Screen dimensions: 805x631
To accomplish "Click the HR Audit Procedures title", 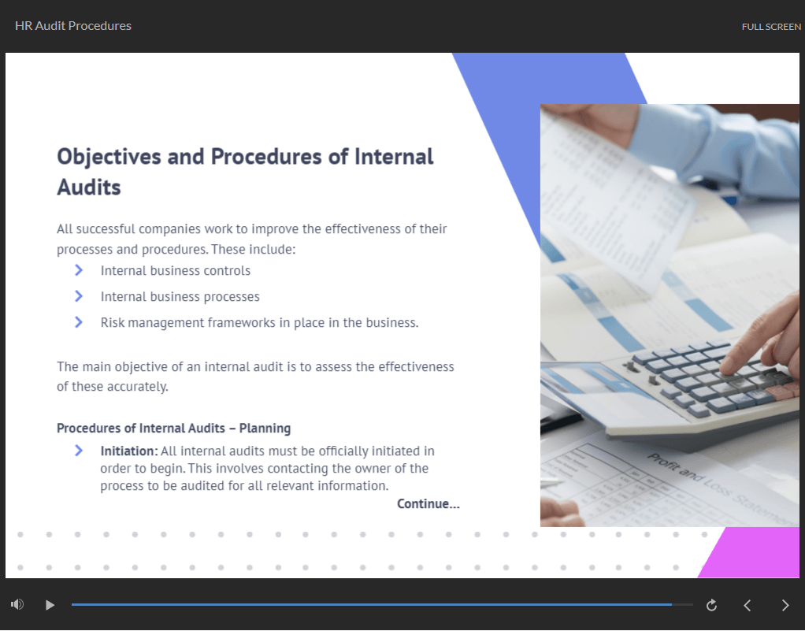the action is [73, 26].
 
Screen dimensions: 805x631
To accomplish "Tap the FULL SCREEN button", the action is [771, 27].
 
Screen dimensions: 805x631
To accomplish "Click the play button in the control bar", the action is [50, 605].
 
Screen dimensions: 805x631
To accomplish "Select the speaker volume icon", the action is [17, 604].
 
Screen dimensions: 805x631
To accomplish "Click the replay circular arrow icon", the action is [711, 605].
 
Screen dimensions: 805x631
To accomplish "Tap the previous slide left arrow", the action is [747, 605].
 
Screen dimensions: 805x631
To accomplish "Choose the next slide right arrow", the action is [785, 605].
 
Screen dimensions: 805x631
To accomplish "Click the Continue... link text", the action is [428, 503].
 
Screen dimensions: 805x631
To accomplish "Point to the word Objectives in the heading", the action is [109, 157].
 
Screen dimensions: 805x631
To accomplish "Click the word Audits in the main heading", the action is [89, 187].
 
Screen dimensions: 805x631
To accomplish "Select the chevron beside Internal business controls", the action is [79, 270].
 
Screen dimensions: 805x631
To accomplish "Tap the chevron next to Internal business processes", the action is [79, 296].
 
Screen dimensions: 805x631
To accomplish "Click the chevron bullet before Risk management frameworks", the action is [79, 322].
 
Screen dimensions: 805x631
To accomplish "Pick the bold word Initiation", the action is [129, 451].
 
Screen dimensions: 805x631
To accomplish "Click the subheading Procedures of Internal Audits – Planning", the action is [173, 429].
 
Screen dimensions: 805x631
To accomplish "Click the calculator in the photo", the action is [704, 390].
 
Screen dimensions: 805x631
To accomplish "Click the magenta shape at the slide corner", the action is [753, 552].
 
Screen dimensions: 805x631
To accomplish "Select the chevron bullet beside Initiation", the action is [79, 451].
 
